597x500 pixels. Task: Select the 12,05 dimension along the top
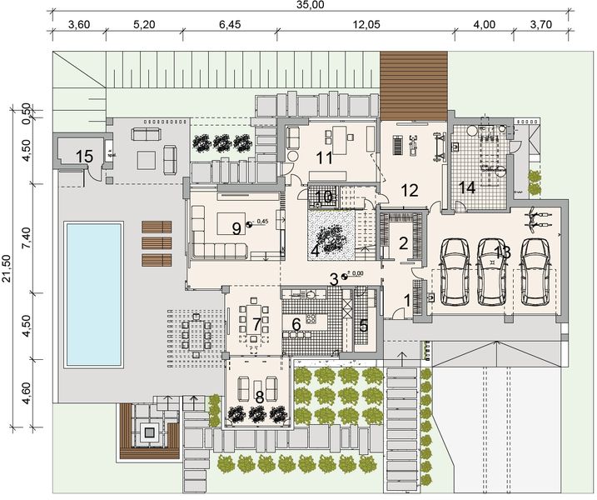(x=366, y=24)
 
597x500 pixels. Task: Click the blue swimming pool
(x=93, y=294)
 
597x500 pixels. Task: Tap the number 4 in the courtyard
(x=315, y=250)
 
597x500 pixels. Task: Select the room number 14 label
(x=468, y=187)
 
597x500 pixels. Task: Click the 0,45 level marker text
(x=263, y=222)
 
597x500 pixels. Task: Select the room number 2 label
(x=403, y=243)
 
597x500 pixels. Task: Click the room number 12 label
(x=409, y=189)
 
